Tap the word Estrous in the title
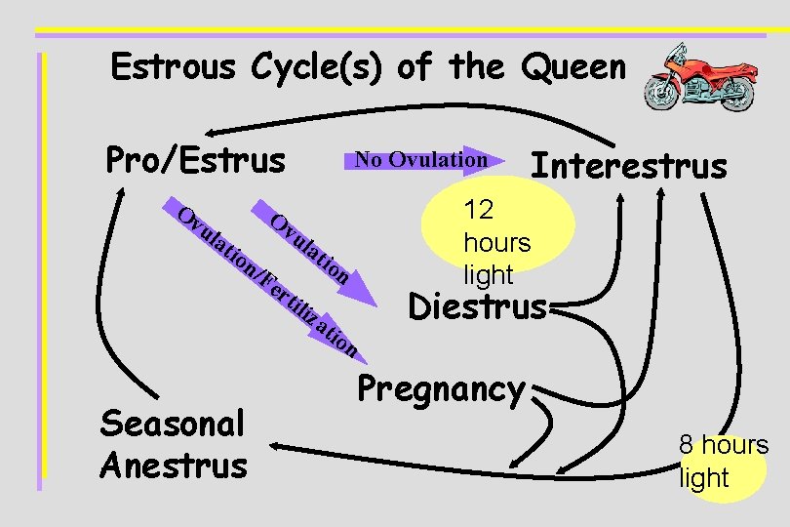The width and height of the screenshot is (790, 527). [x=174, y=67]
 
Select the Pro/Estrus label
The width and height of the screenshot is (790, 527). [x=194, y=159]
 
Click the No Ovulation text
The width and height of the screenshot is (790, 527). [x=420, y=159]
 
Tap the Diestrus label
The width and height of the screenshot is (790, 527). [x=477, y=306]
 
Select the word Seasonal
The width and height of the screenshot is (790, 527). [x=172, y=425]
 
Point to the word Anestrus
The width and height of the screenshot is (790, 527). [x=174, y=465]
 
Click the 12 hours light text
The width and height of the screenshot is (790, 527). [x=496, y=242]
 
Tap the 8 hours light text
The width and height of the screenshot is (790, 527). [x=723, y=462]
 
